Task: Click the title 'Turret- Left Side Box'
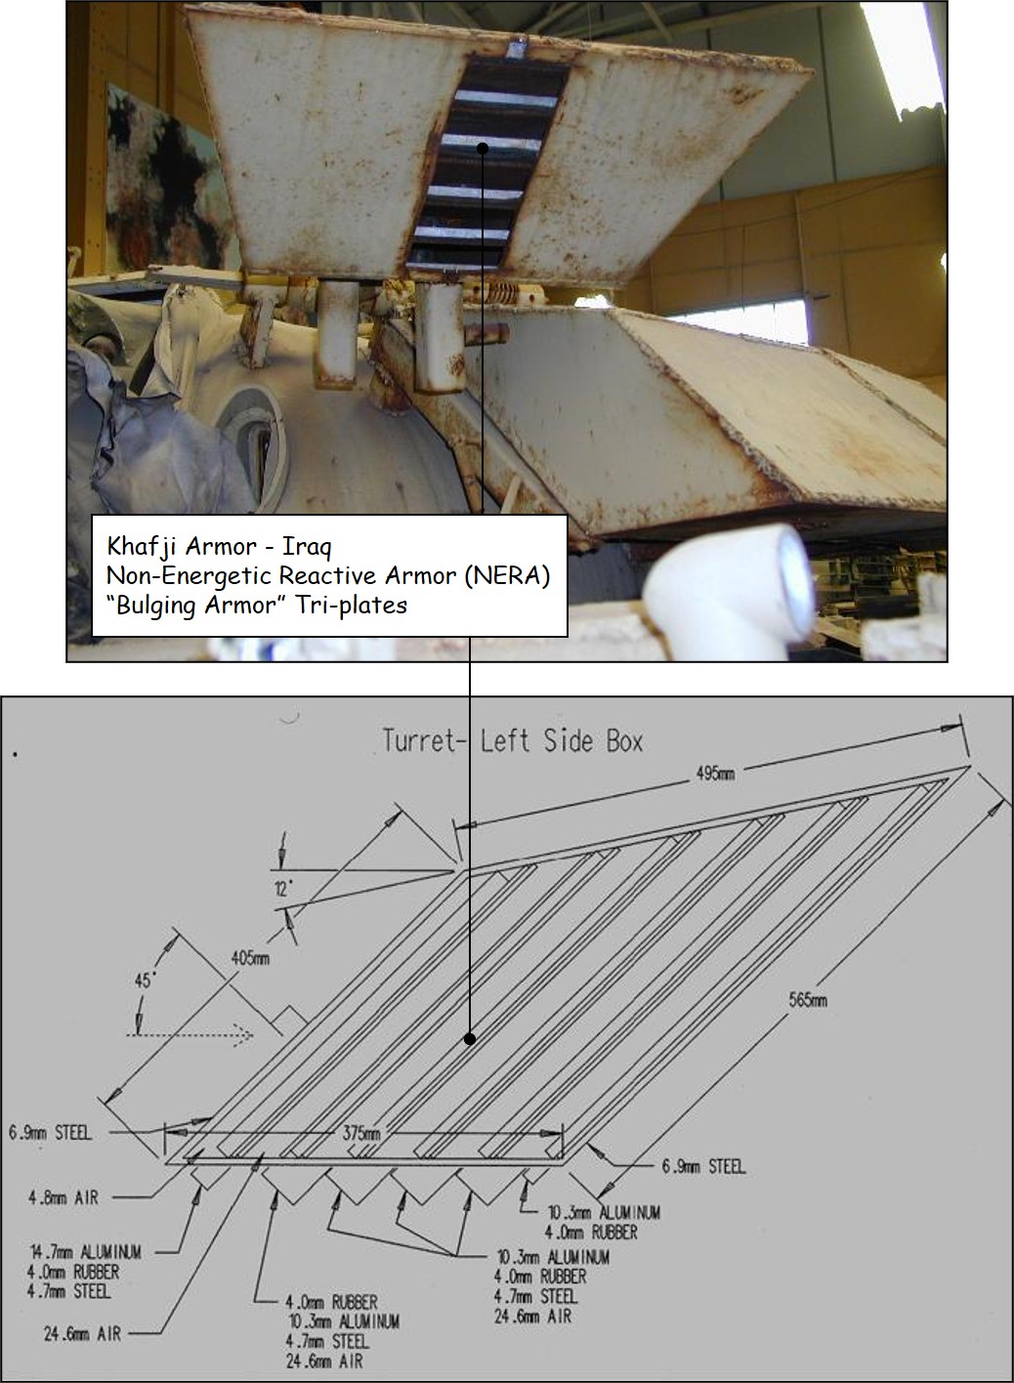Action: (x=512, y=741)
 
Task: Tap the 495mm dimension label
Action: (x=715, y=773)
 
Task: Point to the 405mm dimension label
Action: (x=250, y=958)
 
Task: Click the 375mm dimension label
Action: (x=361, y=1134)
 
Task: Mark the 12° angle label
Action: (x=284, y=890)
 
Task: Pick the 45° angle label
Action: (x=144, y=981)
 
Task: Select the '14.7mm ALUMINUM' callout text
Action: (x=85, y=1252)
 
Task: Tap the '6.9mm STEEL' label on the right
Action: (x=703, y=1167)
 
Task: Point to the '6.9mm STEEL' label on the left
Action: (x=50, y=1133)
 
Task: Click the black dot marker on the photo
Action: (x=483, y=148)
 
